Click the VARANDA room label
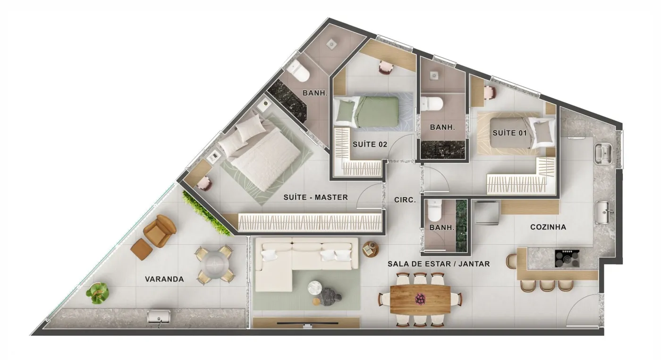(164, 279)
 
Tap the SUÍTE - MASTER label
(315, 197)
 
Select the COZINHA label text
(548, 227)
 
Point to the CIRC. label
(405, 200)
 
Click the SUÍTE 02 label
(370, 145)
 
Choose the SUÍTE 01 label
(509, 133)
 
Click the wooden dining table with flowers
(420, 299)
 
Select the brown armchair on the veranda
(160, 231)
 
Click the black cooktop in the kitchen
(567, 259)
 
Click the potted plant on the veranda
(97, 293)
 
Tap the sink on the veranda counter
(159, 317)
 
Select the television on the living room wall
(307, 323)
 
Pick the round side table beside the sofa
(370, 249)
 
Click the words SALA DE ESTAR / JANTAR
(439, 264)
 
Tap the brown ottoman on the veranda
(142, 249)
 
